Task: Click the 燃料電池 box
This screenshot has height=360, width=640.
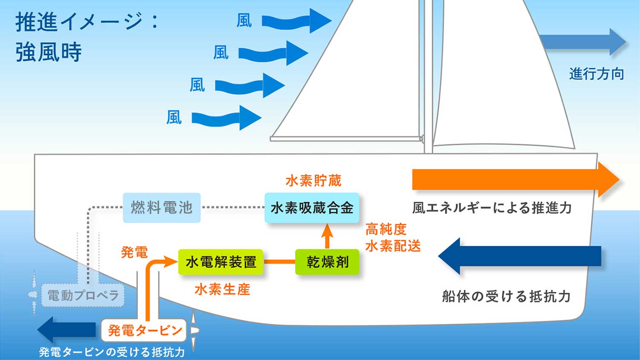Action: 162,208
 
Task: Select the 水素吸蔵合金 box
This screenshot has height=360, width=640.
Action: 312,208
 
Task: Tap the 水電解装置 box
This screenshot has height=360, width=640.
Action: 221,262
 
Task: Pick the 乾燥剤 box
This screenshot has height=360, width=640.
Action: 327,262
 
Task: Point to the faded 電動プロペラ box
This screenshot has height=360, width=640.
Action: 83,295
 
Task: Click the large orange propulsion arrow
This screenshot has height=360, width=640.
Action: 515,180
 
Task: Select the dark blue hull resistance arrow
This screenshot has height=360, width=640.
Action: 520,256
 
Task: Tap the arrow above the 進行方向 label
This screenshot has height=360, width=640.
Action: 583,42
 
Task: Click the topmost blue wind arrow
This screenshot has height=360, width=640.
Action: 297,20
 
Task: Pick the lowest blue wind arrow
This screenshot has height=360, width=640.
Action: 227,118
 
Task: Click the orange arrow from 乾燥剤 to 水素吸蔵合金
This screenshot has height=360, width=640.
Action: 327,236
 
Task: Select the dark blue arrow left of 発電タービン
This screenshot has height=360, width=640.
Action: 67,329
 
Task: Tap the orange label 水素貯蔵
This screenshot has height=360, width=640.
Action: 314,181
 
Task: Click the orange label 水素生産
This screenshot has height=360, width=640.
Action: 222,290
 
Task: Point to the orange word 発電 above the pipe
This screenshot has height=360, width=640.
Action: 134,252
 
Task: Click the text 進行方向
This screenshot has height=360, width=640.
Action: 596,74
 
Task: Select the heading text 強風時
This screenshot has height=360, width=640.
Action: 49,52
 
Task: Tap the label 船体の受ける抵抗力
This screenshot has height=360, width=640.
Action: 506,296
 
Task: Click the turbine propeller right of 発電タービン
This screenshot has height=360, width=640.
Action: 194,331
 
